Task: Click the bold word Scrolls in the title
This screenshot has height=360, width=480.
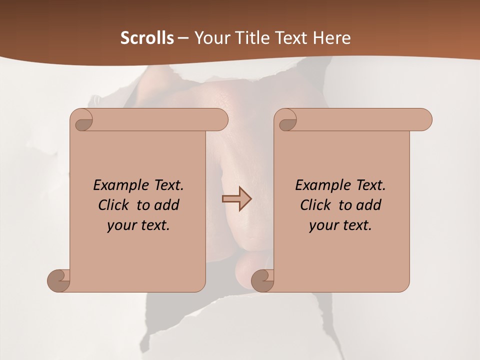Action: pos(147,38)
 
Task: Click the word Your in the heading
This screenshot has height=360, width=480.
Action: pos(210,38)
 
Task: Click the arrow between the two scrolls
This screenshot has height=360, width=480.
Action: pos(236,199)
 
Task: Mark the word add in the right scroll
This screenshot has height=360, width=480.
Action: pos(369,205)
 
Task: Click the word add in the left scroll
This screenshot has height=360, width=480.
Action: pos(167,205)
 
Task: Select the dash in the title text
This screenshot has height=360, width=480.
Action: pos(183,38)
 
